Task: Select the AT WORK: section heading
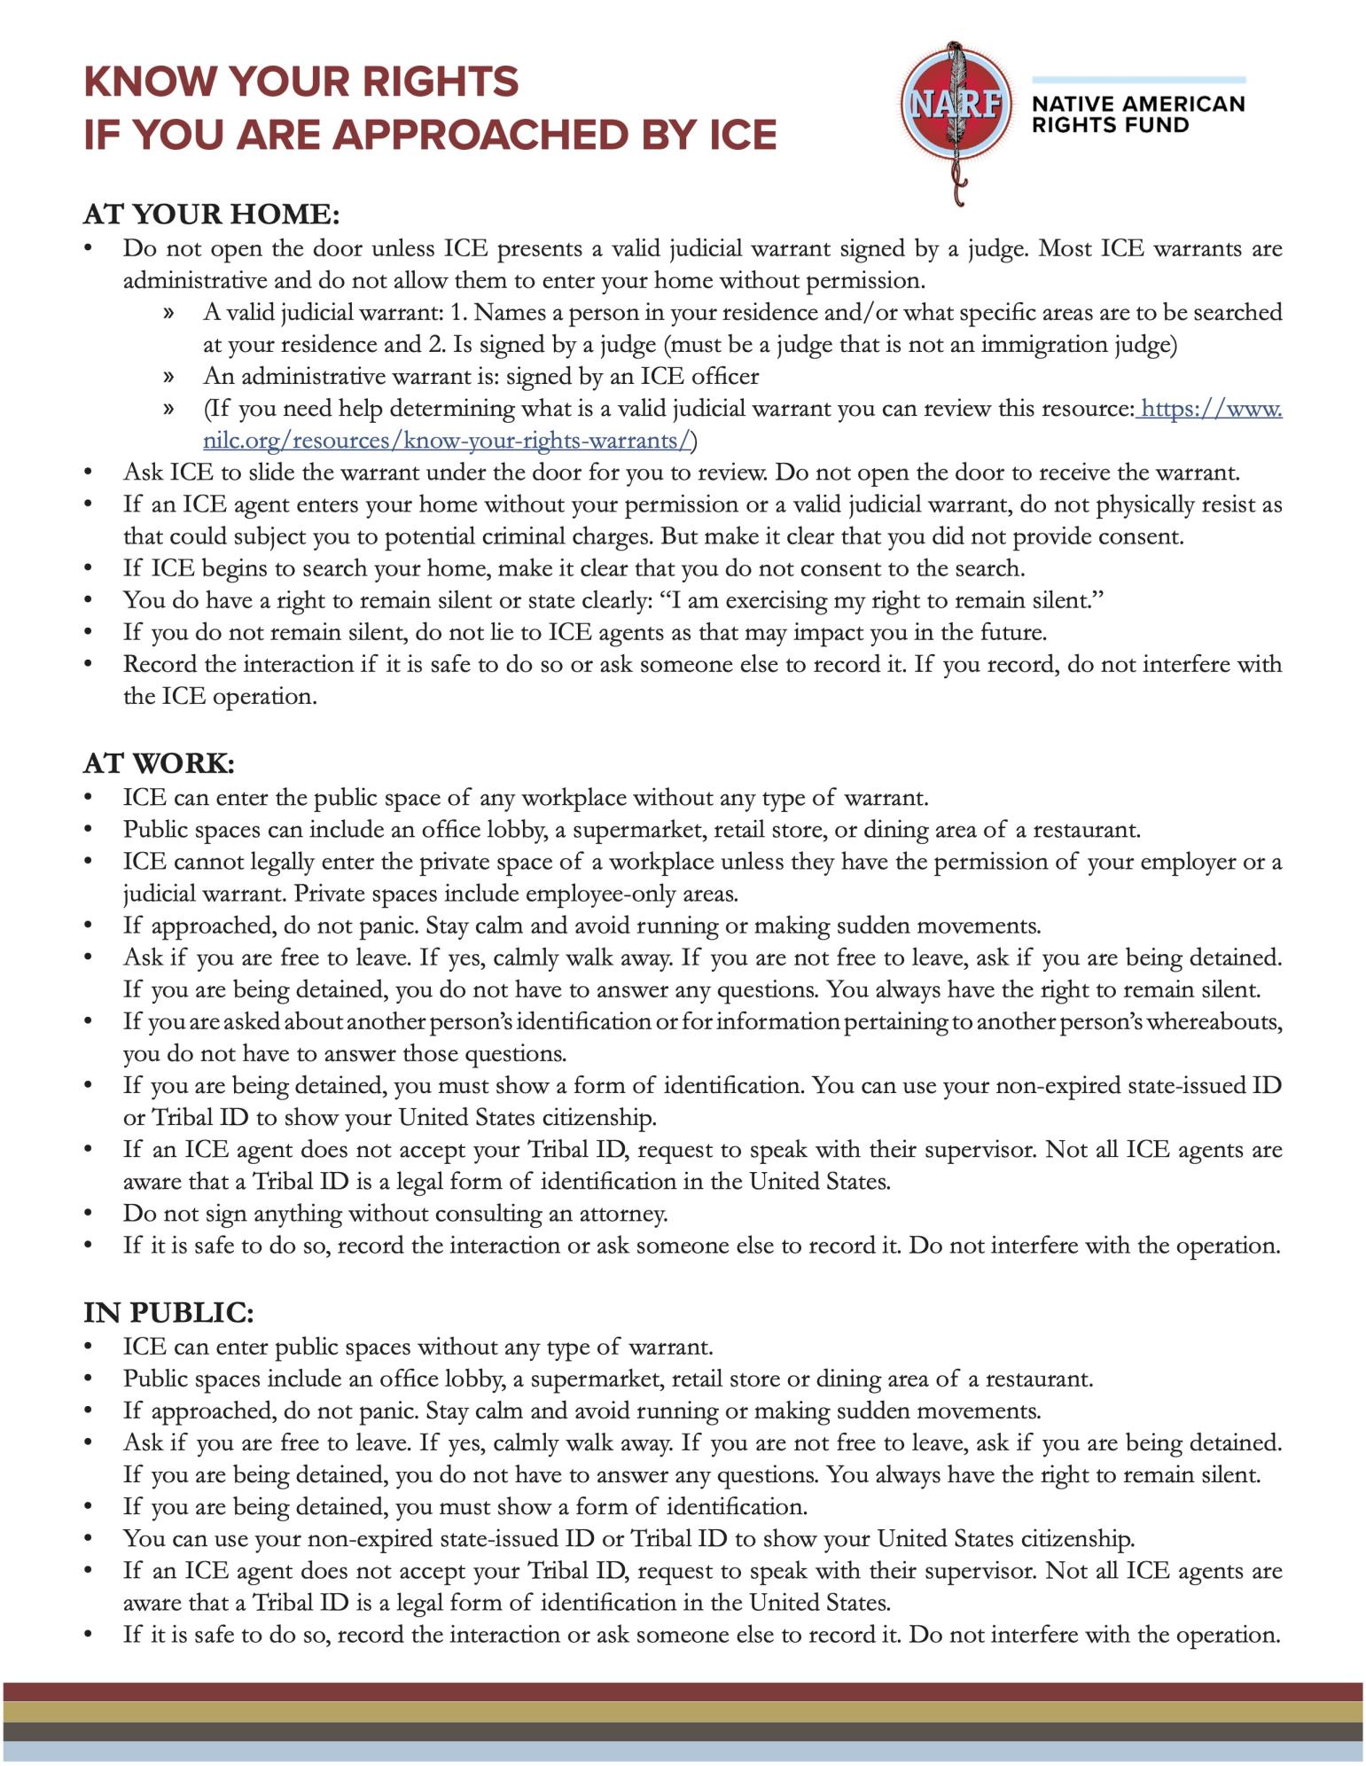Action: click(159, 763)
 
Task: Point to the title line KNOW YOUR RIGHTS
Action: click(301, 82)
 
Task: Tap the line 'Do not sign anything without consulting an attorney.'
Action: click(395, 1213)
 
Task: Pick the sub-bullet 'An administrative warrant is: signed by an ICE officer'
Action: click(481, 377)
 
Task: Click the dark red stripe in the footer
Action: click(683, 1692)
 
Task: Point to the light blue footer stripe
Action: click(683, 1751)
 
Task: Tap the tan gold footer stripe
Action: click(683, 1711)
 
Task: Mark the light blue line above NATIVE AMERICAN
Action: click(1138, 80)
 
